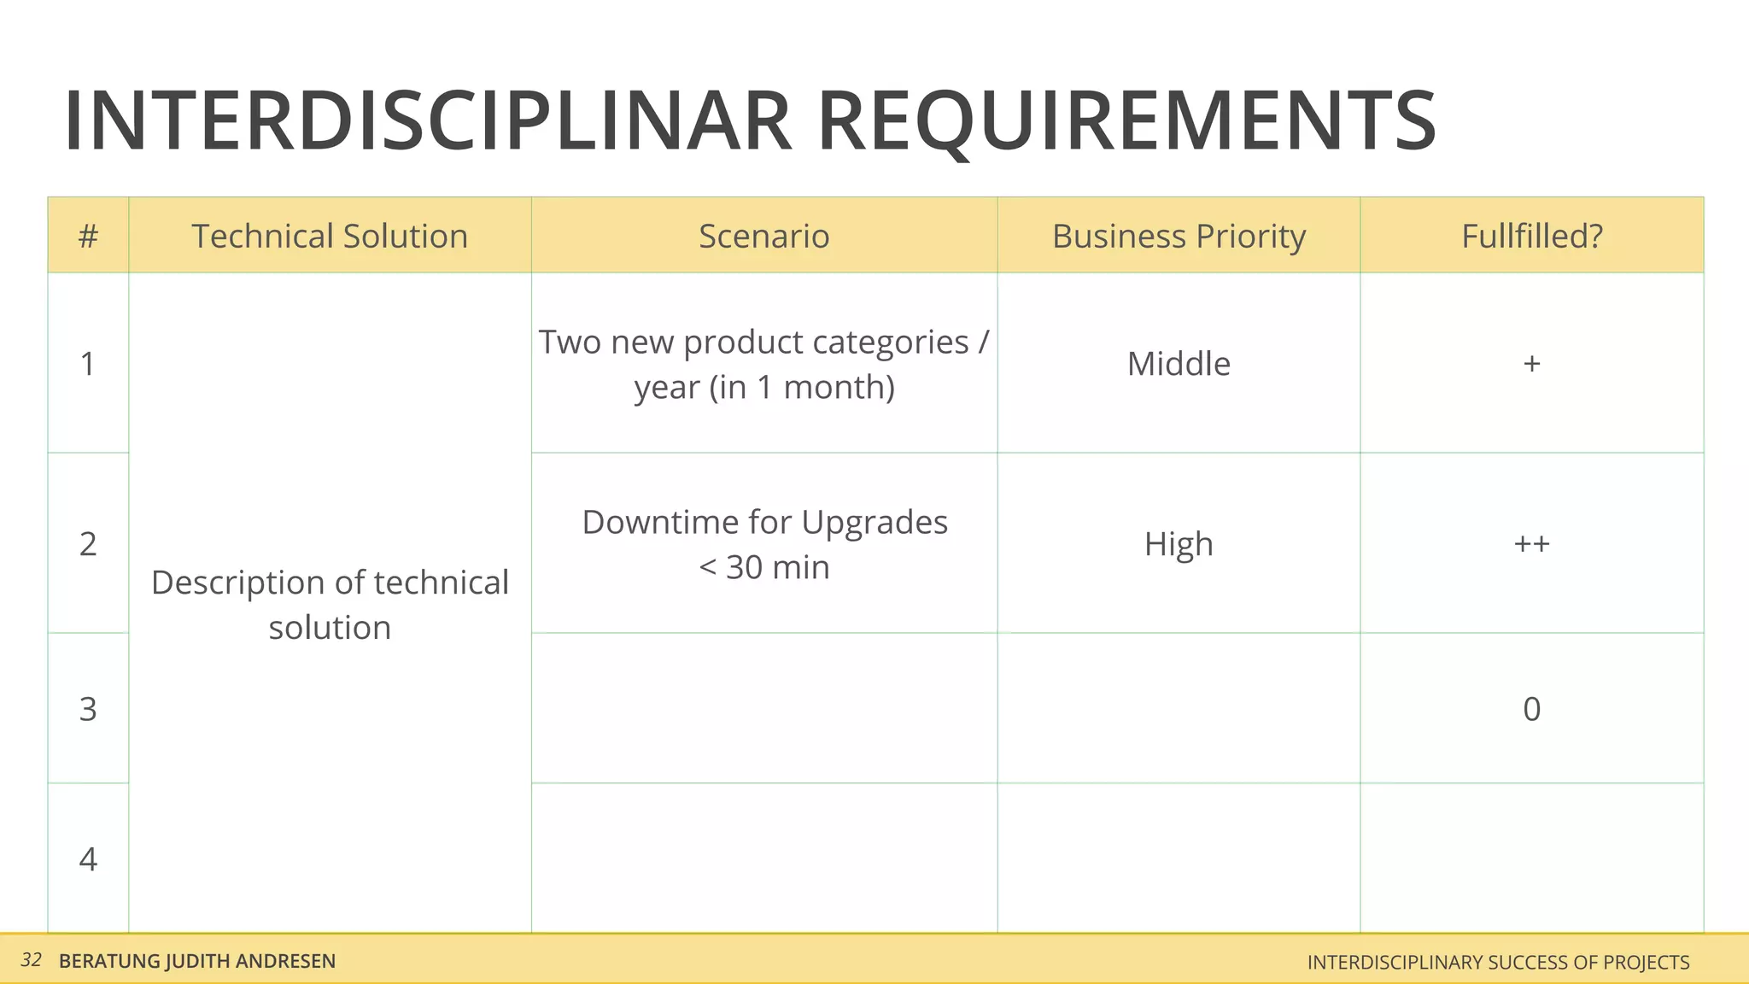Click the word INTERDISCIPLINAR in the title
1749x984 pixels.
coord(428,121)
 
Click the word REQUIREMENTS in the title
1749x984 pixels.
coord(1126,121)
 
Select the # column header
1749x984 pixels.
coord(88,237)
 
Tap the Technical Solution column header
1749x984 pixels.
coord(330,237)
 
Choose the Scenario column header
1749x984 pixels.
coord(763,237)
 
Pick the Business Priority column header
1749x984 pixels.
coord(1179,237)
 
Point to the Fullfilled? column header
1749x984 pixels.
coord(1531,237)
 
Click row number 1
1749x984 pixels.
coord(88,364)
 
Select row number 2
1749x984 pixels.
coord(88,544)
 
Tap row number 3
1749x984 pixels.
coord(88,709)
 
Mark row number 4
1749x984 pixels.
coord(88,859)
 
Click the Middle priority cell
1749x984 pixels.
coord(1179,364)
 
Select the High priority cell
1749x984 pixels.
coord(1179,544)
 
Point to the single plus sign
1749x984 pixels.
coord(1531,364)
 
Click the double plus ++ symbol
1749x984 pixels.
coord(1531,544)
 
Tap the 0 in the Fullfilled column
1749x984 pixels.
coord(1531,709)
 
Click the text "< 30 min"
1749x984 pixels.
coord(763,567)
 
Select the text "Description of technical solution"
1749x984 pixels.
coord(330,605)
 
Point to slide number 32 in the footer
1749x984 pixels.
coord(32,960)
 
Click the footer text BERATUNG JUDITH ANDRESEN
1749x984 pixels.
coord(197,961)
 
